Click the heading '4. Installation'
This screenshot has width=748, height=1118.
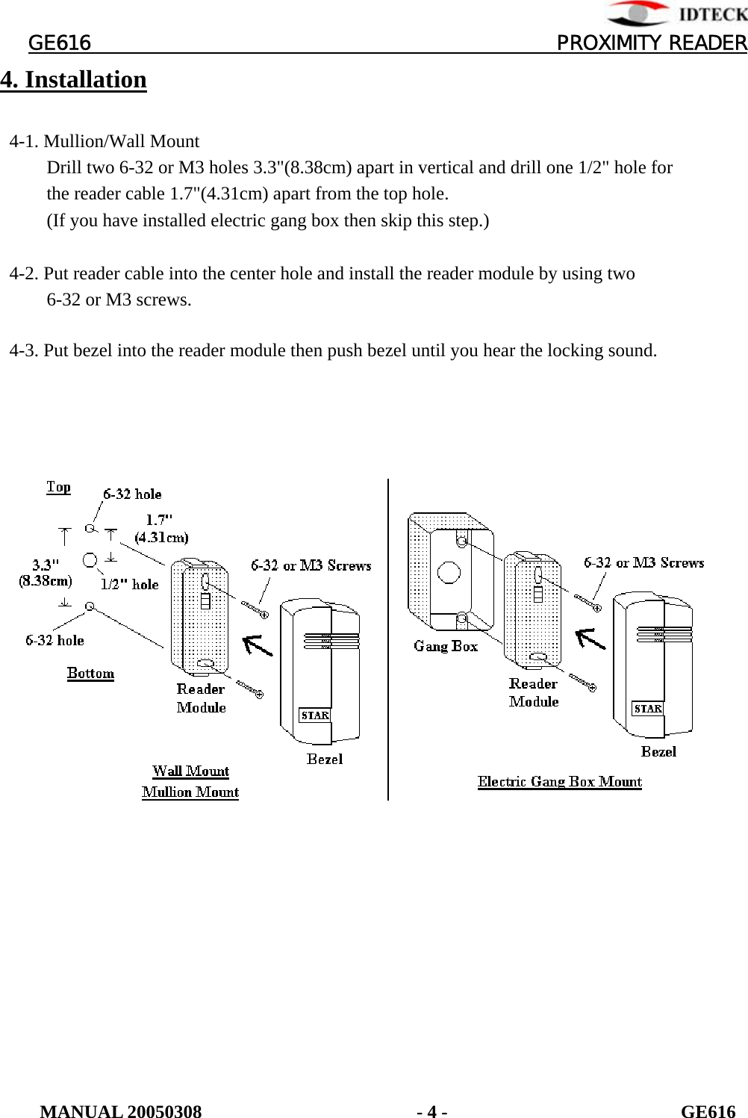pyautogui.click(x=73, y=80)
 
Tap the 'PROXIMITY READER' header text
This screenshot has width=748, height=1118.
pyautogui.click(x=651, y=43)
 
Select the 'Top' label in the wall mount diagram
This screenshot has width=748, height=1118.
pyautogui.click(x=58, y=488)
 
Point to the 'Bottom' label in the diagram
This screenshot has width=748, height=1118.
pyautogui.click(x=90, y=673)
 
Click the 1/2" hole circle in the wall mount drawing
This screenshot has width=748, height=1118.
pyautogui.click(x=90, y=559)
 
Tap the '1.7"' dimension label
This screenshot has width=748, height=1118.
pyautogui.click(x=160, y=520)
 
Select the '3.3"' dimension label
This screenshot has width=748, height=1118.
pyautogui.click(x=46, y=565)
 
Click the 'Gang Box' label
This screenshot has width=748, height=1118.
pyautogui.click(x=446, y=646)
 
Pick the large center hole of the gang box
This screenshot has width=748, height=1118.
pyautogui.click(x=449, y=572)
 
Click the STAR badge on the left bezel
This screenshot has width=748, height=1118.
pyautogui.click(x=315, y=715)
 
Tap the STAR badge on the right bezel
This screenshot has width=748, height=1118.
pyautogui.click(x=647, y=709)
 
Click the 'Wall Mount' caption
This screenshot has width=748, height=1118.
pyautogui.click(x=190, y=771)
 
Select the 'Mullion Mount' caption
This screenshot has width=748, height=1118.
pyautogui.click(x=190, y=792)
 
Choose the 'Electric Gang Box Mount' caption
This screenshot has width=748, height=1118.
pyautogui.click(x=560, y=782)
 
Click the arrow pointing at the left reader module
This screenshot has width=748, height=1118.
pyautogui.click(x=258, y=645)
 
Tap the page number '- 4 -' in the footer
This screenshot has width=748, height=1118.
pyautogui.click(x=432, y=1112)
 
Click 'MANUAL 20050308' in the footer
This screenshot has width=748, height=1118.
pyautogui.click(x=121, y=1112)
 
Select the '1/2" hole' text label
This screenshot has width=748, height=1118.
pyautogui.click(x=130, y=585)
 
